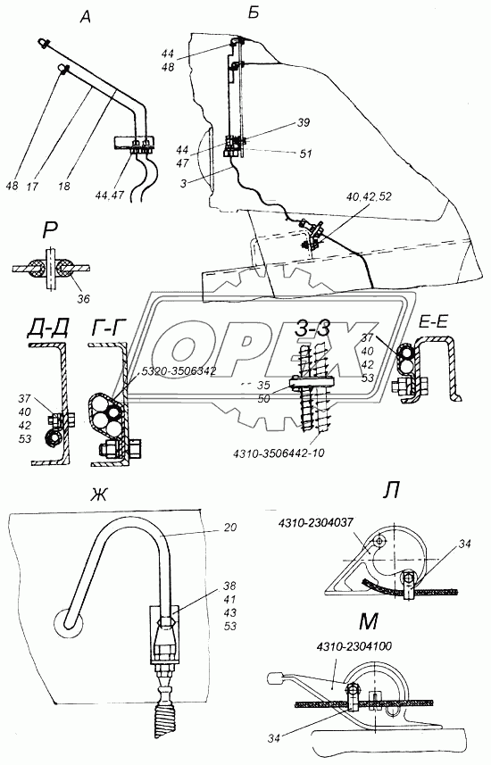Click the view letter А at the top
click(86, 18)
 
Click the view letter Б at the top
click(254, 13)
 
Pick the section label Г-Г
click(108, 329)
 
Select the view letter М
click(368, 621)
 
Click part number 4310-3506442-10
click(278, 453)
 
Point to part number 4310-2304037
click(315, 523)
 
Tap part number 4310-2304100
click(354, 646)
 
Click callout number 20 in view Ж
click(230, 528)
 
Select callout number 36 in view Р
click(83, 298)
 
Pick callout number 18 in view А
click(63, 186)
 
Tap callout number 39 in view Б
click(304, 122)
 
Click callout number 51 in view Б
click(305, 154)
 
